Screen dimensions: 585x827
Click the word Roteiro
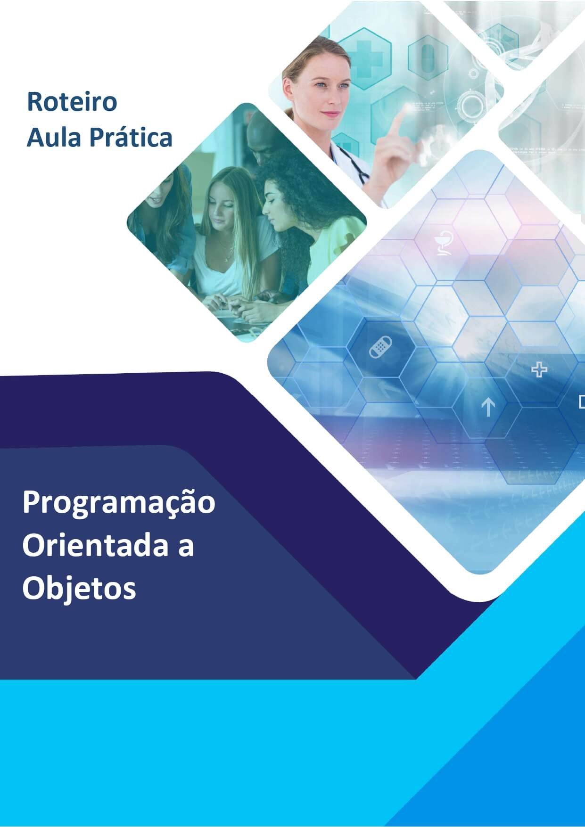coord(72,102)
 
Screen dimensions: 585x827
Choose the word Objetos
coord(79,589)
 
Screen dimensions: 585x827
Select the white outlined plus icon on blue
coord(539,370)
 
